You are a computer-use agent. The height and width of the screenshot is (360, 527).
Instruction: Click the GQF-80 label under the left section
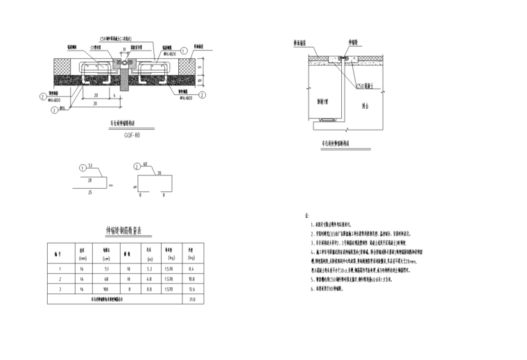[x=132, y=135]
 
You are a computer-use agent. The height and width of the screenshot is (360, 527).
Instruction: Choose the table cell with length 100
[x=107, y=289]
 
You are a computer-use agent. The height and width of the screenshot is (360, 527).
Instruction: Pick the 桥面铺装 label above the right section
[x=302, y=42]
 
